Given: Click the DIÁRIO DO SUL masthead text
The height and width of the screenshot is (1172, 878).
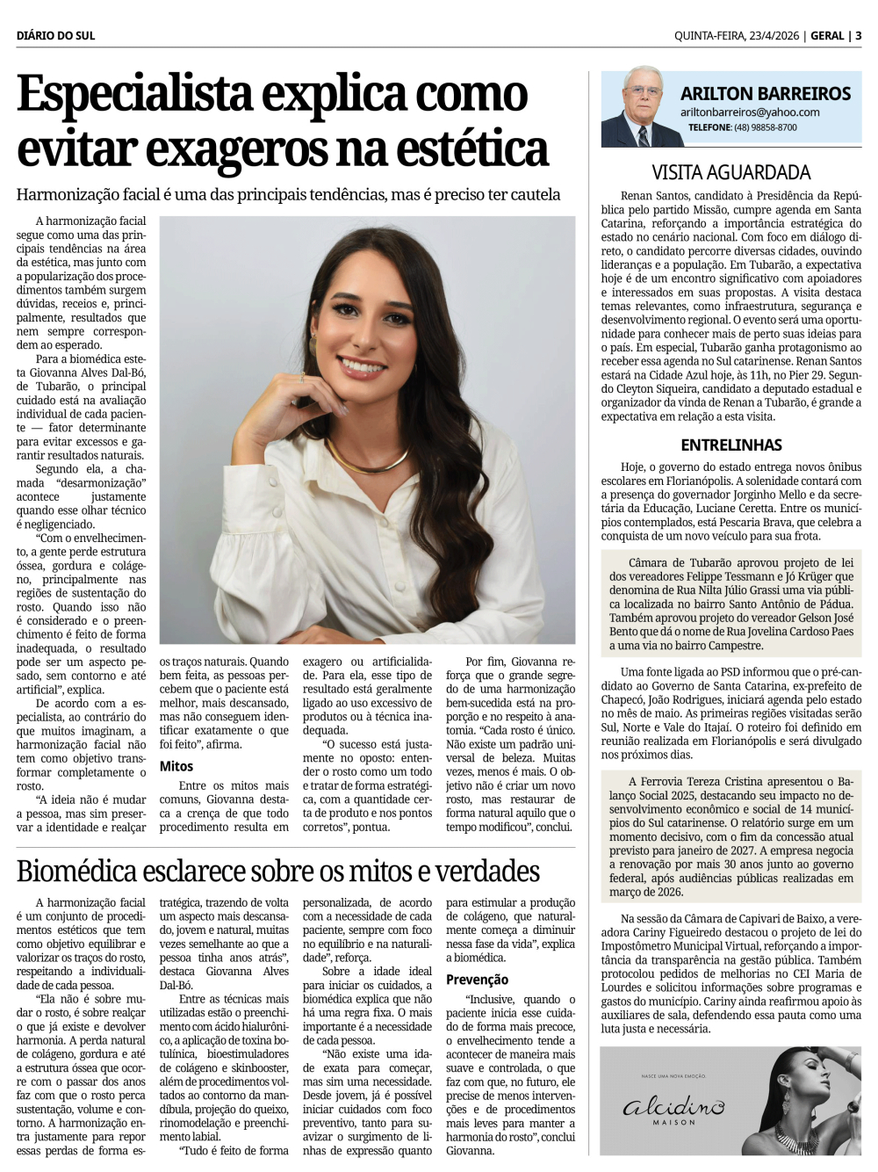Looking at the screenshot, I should pyautogui.click(x=55, y=36).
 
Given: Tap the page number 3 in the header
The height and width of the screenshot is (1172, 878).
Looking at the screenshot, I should pyautogui.click(x=858, y=36).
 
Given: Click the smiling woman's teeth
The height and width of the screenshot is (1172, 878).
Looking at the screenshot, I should pyautogui.click(x=362, y=365).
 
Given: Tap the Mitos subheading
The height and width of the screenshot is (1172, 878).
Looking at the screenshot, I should pyautogui.click(x=176, y=766).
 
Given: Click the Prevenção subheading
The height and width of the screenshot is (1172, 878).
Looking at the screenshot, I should pyautogui.click(x=477, y=980).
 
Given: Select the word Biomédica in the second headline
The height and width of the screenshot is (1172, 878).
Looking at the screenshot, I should pyautogui.click(x=76, y=872).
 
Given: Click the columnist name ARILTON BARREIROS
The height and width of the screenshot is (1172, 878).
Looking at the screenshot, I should pyautogui.click(x=765, y=94).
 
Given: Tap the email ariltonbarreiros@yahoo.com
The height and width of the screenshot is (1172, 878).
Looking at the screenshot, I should pyautogui.click(x=749, y=112).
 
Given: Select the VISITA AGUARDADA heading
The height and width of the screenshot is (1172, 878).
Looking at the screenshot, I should pyautogui.click(x=730, y=173).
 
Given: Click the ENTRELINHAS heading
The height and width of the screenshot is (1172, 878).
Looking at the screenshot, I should pyautogui.click(x=730, y=445).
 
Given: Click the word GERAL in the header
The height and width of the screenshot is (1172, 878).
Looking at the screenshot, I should pyautogui.click(x=827, y=36).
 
